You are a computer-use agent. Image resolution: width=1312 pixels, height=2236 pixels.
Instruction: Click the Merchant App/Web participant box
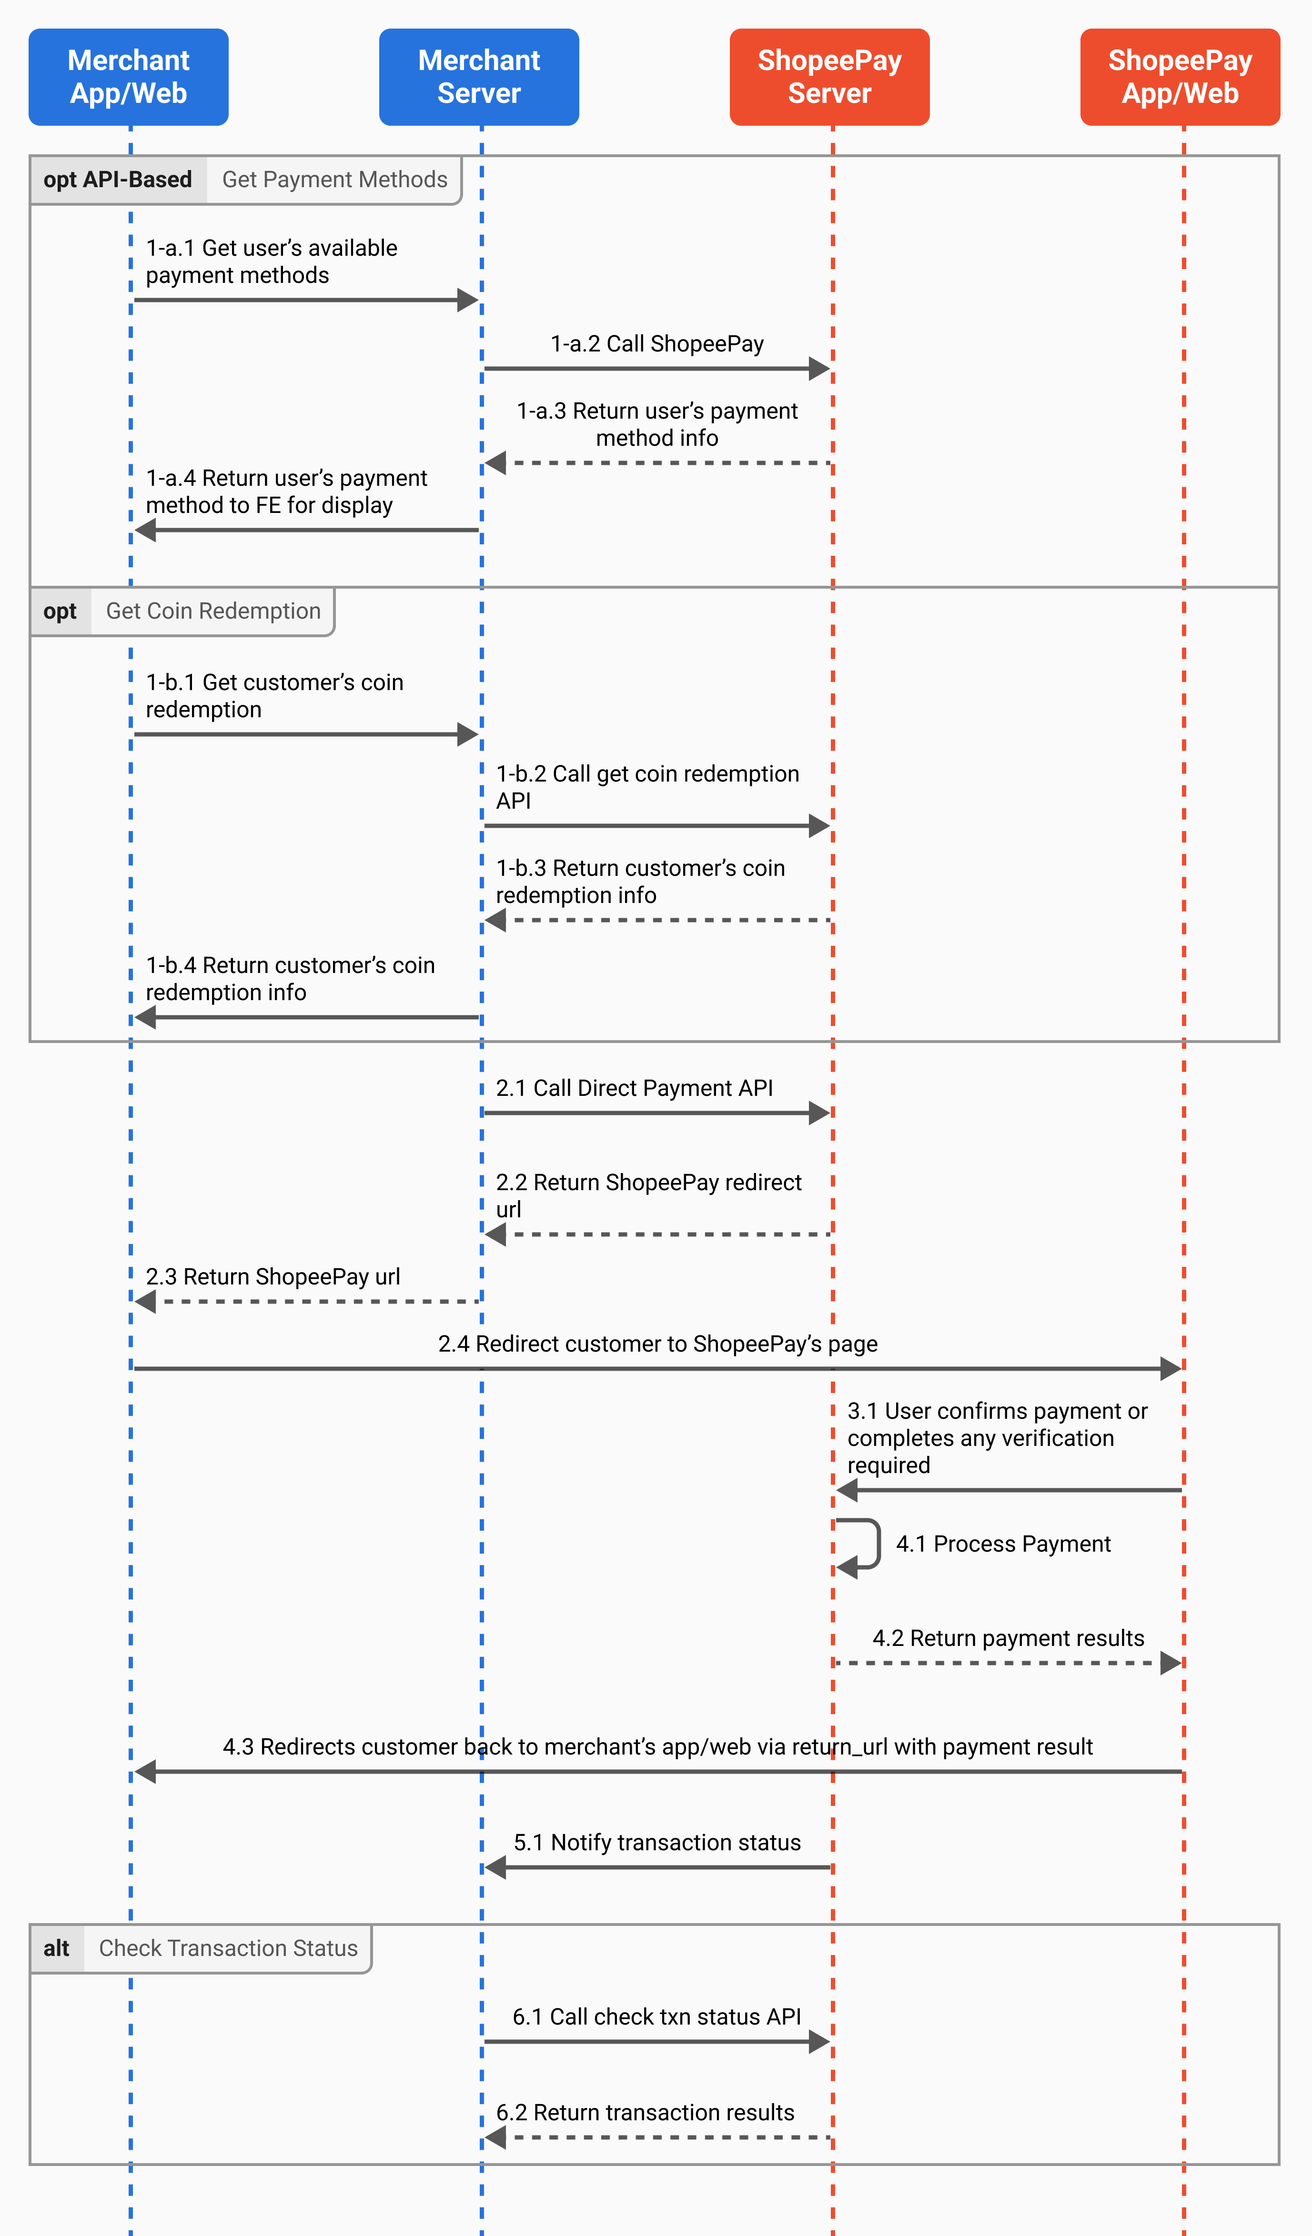click(129, 77)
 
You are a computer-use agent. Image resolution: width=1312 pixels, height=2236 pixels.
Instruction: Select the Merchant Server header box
click(479, 77)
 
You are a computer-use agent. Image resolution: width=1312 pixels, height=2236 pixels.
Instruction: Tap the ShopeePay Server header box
click(830, 77)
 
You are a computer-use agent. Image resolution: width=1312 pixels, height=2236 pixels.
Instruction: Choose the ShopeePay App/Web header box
click(1181, 77)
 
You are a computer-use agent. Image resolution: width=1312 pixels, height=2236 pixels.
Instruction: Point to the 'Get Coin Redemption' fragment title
click(213, 612)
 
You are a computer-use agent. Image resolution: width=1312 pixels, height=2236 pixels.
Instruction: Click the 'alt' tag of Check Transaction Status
click(57, 1948)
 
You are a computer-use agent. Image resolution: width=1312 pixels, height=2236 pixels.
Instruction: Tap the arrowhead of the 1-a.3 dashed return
click(495, 463)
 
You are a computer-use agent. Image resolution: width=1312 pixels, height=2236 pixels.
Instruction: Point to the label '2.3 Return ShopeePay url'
click(272, 1277)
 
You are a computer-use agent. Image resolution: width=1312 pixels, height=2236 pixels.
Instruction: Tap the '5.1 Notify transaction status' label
click(657, 1843)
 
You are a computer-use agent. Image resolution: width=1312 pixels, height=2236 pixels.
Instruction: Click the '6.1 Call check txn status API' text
click(657, 2017)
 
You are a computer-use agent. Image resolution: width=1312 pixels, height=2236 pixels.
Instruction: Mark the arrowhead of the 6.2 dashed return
click(495, 2137)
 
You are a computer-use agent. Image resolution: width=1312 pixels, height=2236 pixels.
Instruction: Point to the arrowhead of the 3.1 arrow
click(847, 1491)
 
